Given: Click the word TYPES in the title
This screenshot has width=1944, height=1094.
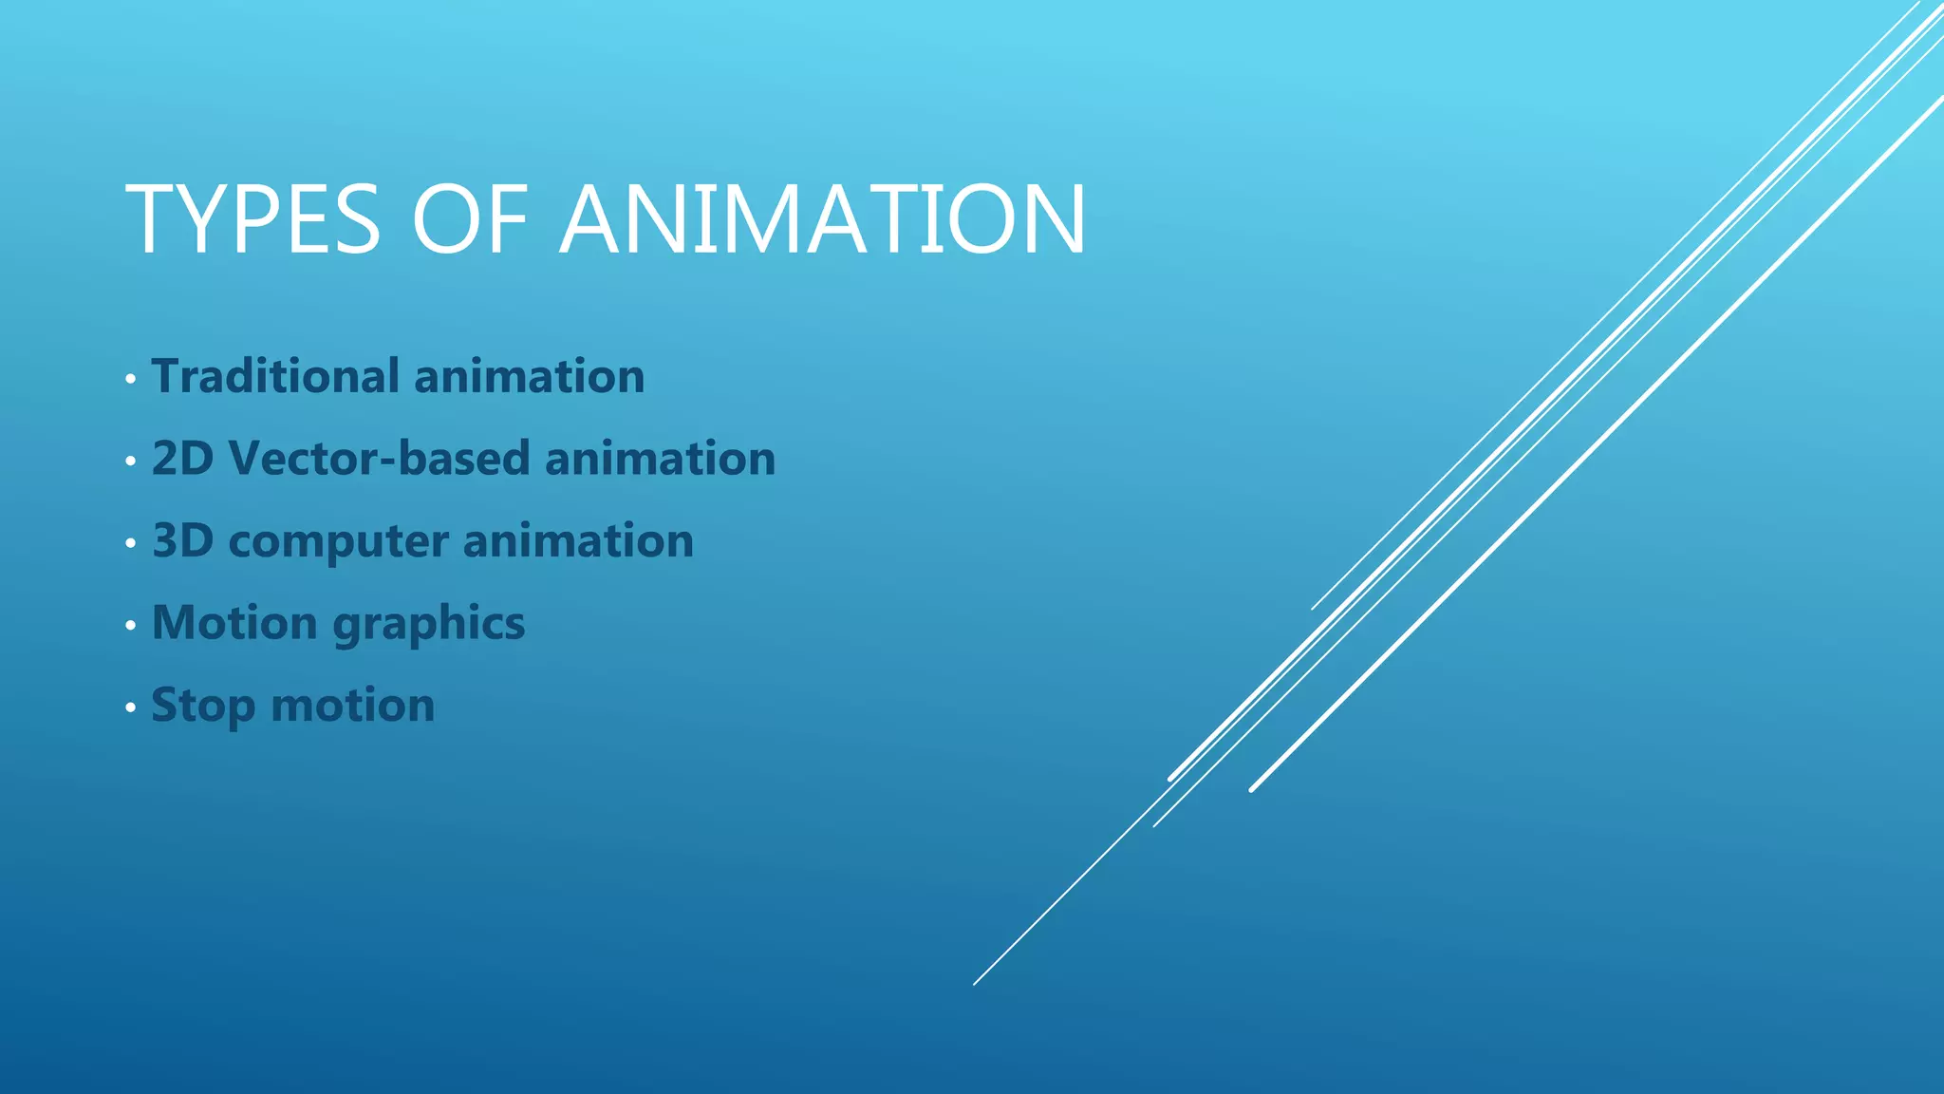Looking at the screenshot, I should click(252, 220).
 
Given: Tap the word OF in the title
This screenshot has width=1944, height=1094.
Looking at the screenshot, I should click(470, 220).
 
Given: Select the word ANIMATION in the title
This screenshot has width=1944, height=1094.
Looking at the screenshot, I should click(823, 220).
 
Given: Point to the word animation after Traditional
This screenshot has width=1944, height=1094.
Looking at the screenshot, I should click(530, 376).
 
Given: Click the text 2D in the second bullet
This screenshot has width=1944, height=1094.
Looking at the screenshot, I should click(182, 459).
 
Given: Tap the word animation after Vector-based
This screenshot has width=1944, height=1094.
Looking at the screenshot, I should click(661, 459).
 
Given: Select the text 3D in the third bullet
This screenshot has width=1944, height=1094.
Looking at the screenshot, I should click(182, 541).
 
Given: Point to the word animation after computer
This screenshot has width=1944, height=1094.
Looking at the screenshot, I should click(578, 541).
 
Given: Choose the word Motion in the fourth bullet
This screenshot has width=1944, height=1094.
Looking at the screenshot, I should click(234, 624).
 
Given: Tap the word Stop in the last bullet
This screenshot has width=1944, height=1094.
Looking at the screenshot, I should click(203, 707).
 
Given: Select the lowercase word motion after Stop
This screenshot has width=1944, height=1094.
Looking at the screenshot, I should click(353, 707).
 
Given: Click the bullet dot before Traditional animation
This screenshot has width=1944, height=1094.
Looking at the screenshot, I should click(130, 380).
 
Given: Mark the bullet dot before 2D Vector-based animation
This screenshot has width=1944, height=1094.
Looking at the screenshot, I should click(130, 462).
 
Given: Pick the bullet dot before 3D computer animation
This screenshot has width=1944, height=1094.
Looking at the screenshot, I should click(130, 544).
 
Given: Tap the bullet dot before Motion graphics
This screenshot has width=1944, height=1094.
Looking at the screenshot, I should click(130, 627).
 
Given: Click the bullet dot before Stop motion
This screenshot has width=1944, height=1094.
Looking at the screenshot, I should click(130, 708).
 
